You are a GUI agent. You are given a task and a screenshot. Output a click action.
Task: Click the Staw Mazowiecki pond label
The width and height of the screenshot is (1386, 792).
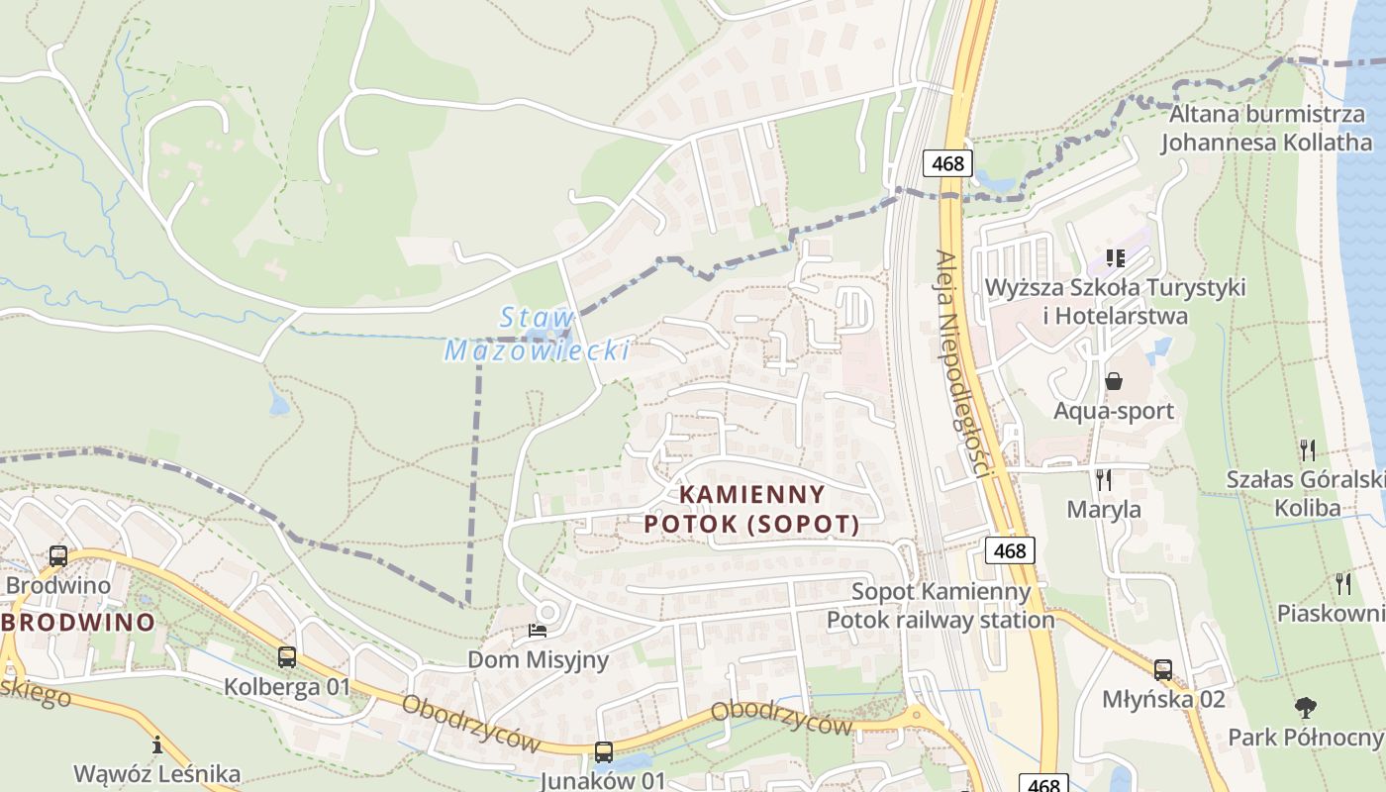(537, 335)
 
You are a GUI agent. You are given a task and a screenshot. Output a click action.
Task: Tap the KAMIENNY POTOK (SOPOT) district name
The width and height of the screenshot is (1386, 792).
(751, 509)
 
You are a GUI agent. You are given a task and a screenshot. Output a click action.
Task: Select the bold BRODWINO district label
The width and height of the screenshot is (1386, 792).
(78, 623)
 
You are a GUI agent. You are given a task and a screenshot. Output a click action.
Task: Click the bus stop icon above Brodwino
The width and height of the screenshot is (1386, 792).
(58, 556)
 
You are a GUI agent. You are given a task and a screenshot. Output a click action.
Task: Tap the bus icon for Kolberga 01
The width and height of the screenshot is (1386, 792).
(287, 656)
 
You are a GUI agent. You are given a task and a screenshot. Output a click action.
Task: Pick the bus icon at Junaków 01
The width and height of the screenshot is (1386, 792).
(603, 752)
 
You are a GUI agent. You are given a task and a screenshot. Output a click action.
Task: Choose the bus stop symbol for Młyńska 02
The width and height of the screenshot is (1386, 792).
(1163, 670)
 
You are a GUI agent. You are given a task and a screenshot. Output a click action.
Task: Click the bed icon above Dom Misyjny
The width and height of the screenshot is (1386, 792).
(538, 630)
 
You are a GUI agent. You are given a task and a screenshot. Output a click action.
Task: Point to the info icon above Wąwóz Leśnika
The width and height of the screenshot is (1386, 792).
(156, 744)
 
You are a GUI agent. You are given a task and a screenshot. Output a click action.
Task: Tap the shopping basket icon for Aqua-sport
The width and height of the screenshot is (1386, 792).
(1114, 381)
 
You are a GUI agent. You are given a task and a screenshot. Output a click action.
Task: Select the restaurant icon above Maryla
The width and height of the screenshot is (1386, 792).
(1104, 480)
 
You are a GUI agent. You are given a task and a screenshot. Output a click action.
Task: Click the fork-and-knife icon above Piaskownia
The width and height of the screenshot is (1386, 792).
(1343, 584)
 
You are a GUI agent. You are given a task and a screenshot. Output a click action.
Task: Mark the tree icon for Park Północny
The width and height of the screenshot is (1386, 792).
(1306, 708)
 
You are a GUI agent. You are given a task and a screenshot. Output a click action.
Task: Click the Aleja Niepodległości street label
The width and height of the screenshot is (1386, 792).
(962, 363)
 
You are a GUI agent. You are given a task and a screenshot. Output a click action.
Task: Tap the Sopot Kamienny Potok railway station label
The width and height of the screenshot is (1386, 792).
(940, 606)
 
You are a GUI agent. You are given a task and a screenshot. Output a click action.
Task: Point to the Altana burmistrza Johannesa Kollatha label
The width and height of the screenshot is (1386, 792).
(1266, 128)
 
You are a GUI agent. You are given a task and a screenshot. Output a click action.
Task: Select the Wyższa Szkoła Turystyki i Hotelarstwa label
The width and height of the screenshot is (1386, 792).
(1115, 302)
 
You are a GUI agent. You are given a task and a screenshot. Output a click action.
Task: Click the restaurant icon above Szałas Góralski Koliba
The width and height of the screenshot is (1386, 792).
(1308, 450)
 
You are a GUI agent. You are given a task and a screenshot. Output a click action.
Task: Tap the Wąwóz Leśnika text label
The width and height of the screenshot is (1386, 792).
(156, 773)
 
